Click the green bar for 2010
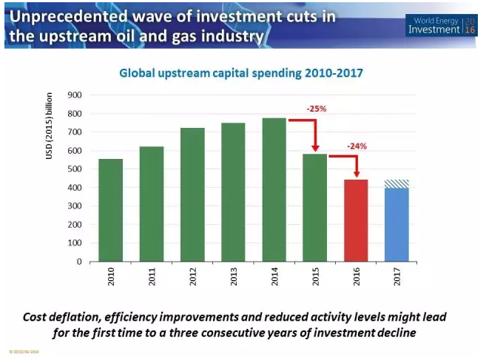[x=110, y=210]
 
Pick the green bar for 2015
[x=314, y=207]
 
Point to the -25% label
[x=317, y=109]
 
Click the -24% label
[x=357, y=146]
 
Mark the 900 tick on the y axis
[x=74, y=95]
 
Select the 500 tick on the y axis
[x=74, y=169]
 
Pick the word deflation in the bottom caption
[x=101, y=316]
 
